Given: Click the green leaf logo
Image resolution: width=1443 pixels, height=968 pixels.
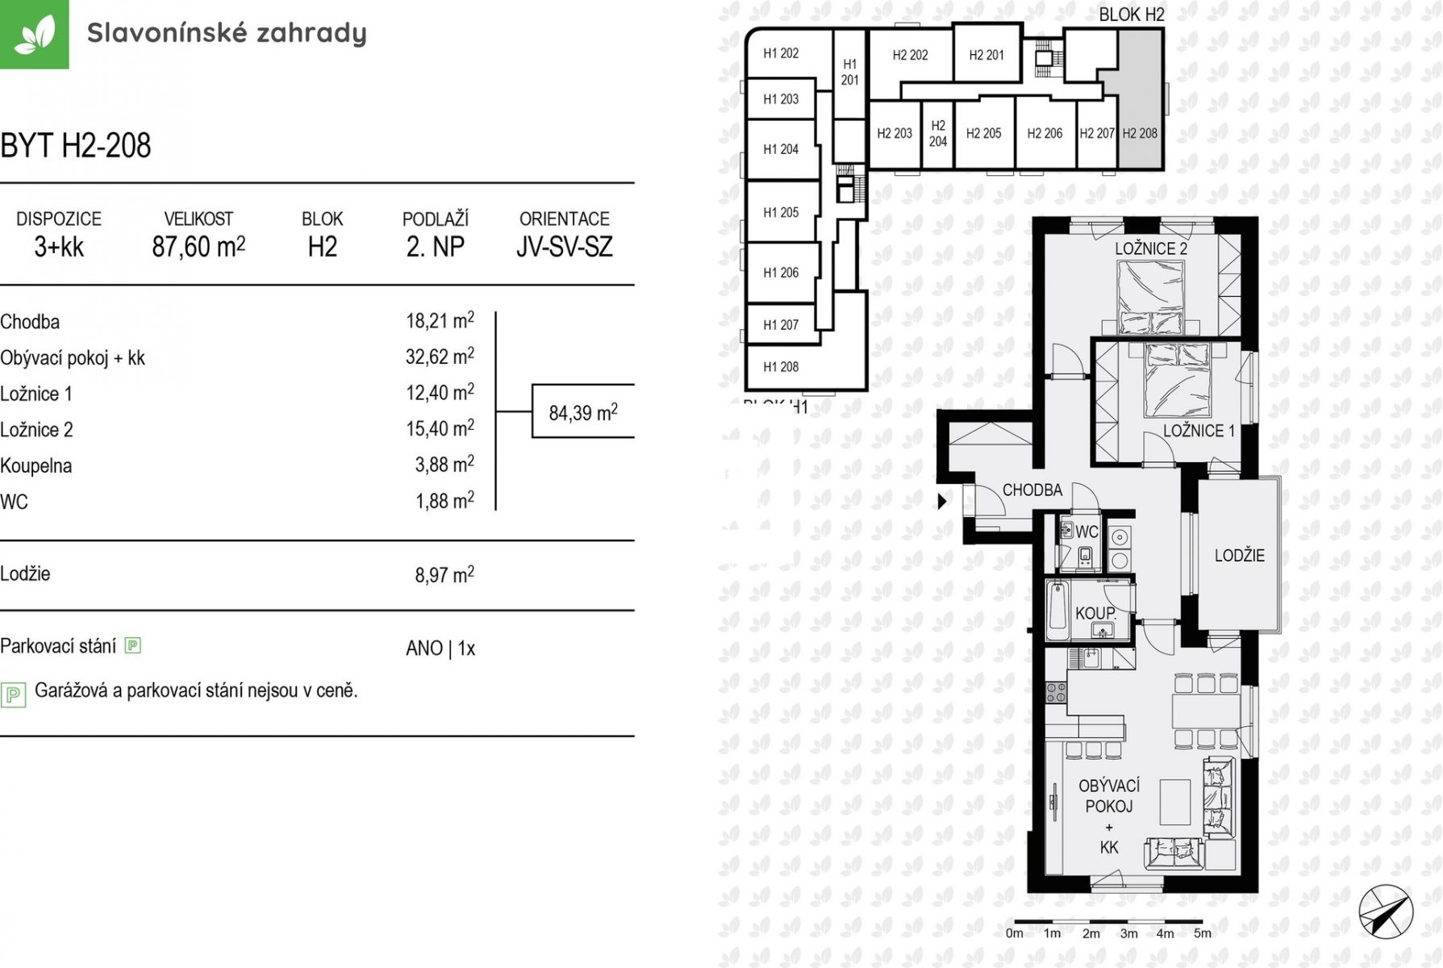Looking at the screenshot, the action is click(x=34, y=34).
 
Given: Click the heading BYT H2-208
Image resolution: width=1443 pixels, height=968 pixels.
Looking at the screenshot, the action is click(x=76, y=146).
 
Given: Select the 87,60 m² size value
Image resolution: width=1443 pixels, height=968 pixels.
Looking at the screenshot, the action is click(x=198, y=246).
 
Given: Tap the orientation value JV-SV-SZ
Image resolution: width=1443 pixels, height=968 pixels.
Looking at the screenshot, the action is click(x=565, y=246).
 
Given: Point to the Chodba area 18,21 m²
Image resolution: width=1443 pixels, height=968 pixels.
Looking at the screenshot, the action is click(x=440, y=321).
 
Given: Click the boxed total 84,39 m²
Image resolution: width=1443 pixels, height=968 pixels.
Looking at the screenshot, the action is click(x=583, y=412).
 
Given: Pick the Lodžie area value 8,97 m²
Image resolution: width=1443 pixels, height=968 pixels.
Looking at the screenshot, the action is click(x=444, y=574).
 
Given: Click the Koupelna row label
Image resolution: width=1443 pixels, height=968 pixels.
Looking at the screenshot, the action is click(x=36, y=465).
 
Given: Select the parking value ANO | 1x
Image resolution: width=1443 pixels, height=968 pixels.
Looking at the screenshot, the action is click(x=440, y=648).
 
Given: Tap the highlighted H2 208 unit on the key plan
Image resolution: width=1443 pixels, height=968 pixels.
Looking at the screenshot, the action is click(x=1140, y=133).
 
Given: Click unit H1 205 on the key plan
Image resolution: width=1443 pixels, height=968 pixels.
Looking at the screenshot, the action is click(x=781, y=212).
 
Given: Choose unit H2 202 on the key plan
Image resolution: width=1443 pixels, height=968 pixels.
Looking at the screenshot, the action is click(x=910, y=55).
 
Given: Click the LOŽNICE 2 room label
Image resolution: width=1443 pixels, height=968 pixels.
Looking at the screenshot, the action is click(x=1151, y=248).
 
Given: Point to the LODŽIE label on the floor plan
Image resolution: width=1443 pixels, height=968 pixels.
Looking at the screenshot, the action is click(x=1239, y=555).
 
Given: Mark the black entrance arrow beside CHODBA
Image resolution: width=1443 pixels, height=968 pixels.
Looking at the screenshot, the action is click(x=941, y=501).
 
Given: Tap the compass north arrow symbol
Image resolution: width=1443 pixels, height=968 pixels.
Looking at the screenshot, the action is click(x=1385, y=912).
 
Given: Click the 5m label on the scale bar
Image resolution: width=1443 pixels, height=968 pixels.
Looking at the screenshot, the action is click(x=1203, y=933).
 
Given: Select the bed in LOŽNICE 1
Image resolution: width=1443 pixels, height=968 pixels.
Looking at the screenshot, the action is click(x=1178, y=379).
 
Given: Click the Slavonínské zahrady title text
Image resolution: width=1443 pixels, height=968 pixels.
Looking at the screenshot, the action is click(x=227, y=33).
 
